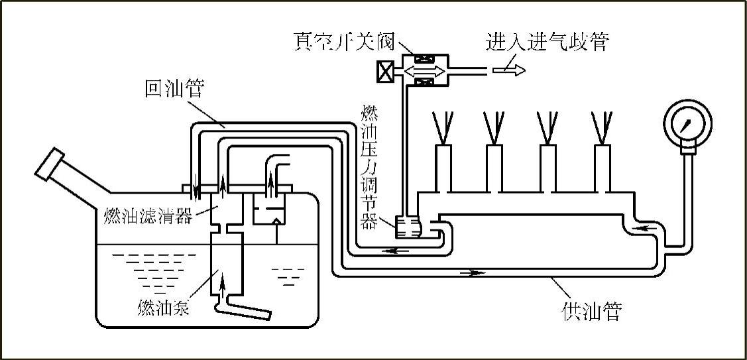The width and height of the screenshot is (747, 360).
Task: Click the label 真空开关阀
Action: pyautogui.click(x=344, y=42)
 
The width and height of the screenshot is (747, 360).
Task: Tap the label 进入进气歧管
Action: pyautogui.click(x=546, y=42)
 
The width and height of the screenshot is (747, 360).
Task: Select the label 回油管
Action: pyautogui.click(x=174, y=89)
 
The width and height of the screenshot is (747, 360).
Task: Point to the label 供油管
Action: pyautogui.click(x=592, y=312)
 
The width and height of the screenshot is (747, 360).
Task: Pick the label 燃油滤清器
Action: pyautogui.click(x=148, y=217)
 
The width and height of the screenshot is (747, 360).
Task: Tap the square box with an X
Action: pyautogui.click(x=386, y=72)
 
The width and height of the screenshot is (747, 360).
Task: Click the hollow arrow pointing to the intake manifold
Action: pyautogui.click(x=509, y=70)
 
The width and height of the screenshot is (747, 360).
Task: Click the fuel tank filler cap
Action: pyautogui.click(x=50, y=164)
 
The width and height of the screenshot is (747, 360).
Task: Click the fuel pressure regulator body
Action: pyautogui.click(x=408, y=226)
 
